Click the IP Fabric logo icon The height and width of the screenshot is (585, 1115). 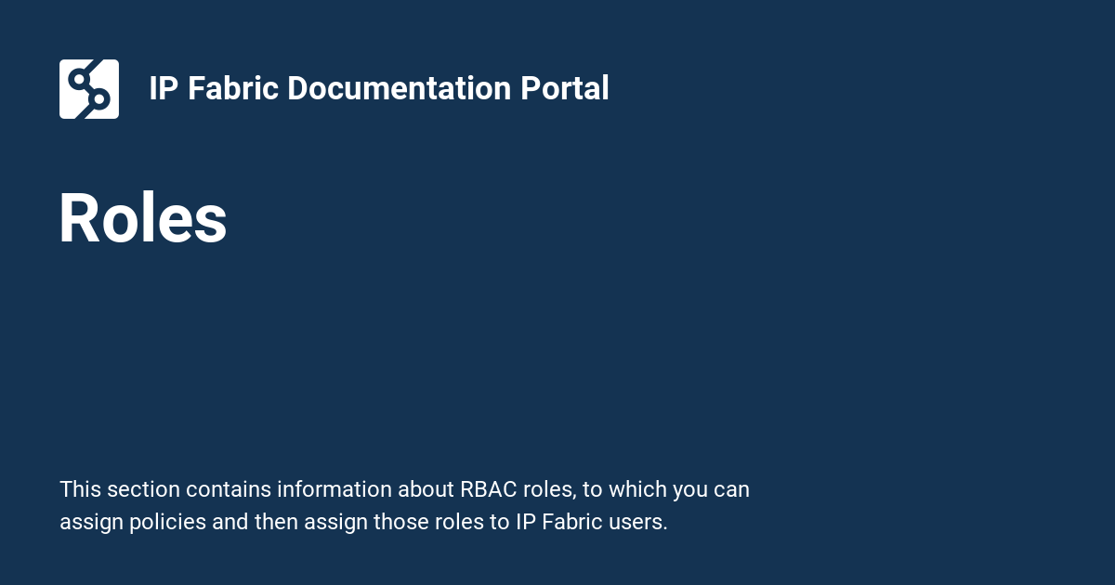tap(89, 89)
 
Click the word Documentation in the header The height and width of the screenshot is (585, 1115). tap(399, 89)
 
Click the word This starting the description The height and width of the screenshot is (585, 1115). tap(80, 489)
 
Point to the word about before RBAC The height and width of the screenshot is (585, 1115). tap(426, 489)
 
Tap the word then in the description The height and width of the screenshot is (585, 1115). tap(275, 522)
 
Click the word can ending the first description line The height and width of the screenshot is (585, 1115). tap(731, 489)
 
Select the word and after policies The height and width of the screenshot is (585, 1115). tap(230, 522)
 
